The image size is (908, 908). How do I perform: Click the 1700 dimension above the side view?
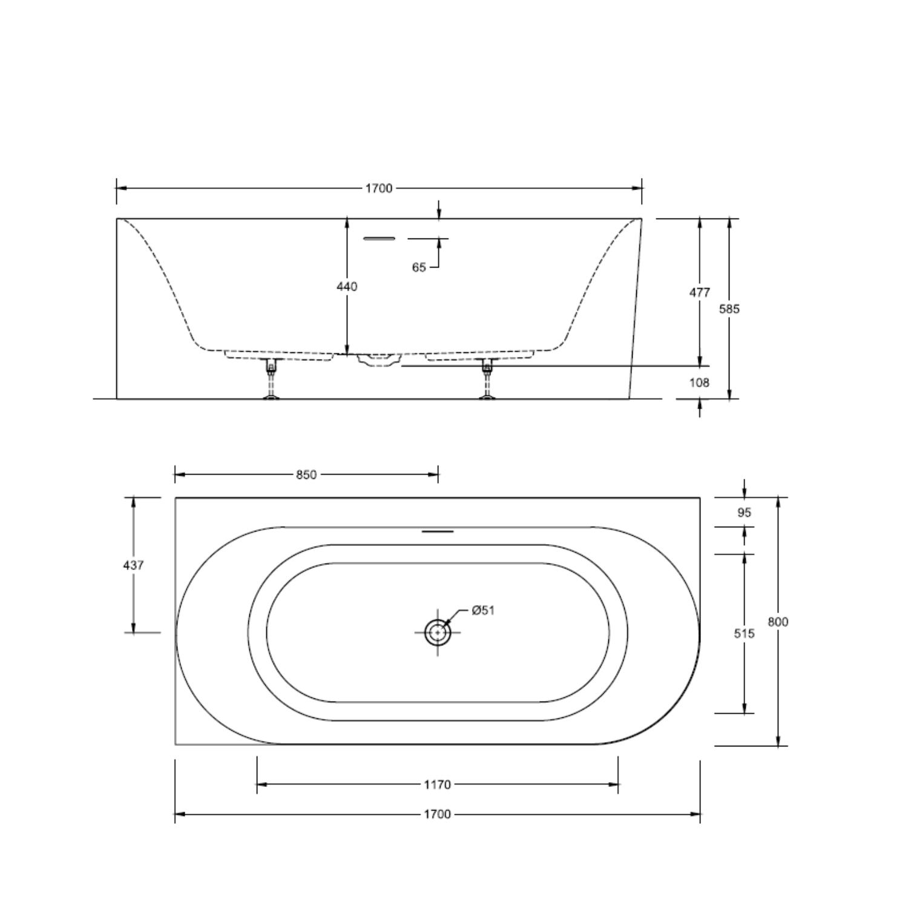pos(378,188)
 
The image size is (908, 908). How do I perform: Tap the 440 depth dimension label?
pos(347,286)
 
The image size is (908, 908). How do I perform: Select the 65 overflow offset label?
pos(419,268)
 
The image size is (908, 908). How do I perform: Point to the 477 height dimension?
pos(700,292)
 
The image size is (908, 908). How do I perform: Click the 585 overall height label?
pos(729,309)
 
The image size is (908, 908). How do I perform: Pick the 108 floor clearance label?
pos(699,383)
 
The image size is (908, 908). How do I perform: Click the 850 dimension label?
pos(306,475)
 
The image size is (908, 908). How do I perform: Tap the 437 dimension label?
pos(133,565)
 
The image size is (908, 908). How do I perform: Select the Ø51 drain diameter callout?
pos(483,610)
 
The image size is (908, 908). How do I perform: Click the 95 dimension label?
pos(745,513)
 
